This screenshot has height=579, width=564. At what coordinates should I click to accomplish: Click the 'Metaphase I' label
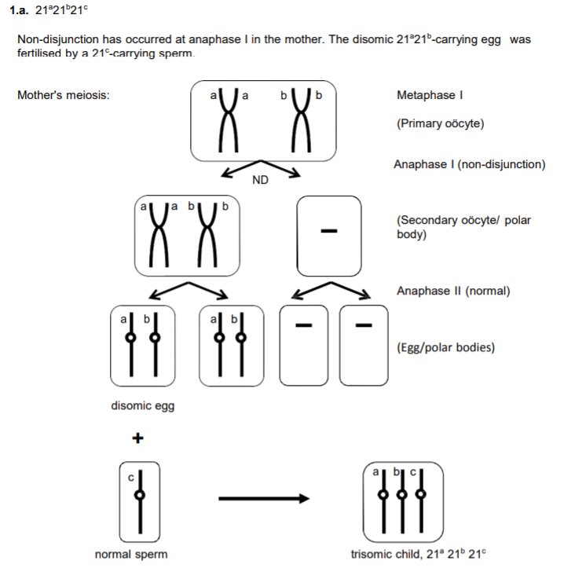tap(429, 96)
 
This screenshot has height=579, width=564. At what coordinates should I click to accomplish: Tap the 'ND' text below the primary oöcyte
tap(261, 181)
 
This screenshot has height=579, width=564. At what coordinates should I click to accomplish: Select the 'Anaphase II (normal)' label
tap(453, 291)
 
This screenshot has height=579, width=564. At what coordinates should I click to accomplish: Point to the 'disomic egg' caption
tap(143, 406)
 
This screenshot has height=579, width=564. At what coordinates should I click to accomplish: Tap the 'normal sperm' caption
tap(131, 555)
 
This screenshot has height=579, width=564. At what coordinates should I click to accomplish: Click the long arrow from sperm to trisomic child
tap(264, 497)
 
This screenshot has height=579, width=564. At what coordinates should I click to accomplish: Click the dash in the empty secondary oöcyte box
tap(329, 232)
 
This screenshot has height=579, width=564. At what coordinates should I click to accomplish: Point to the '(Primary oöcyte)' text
tap(441, 124)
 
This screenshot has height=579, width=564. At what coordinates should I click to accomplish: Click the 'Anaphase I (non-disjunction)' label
tap(470, 165)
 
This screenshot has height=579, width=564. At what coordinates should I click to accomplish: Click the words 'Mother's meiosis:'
tap(63, 96)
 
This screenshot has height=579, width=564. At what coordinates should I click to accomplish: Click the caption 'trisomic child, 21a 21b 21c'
tap(419, 555)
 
